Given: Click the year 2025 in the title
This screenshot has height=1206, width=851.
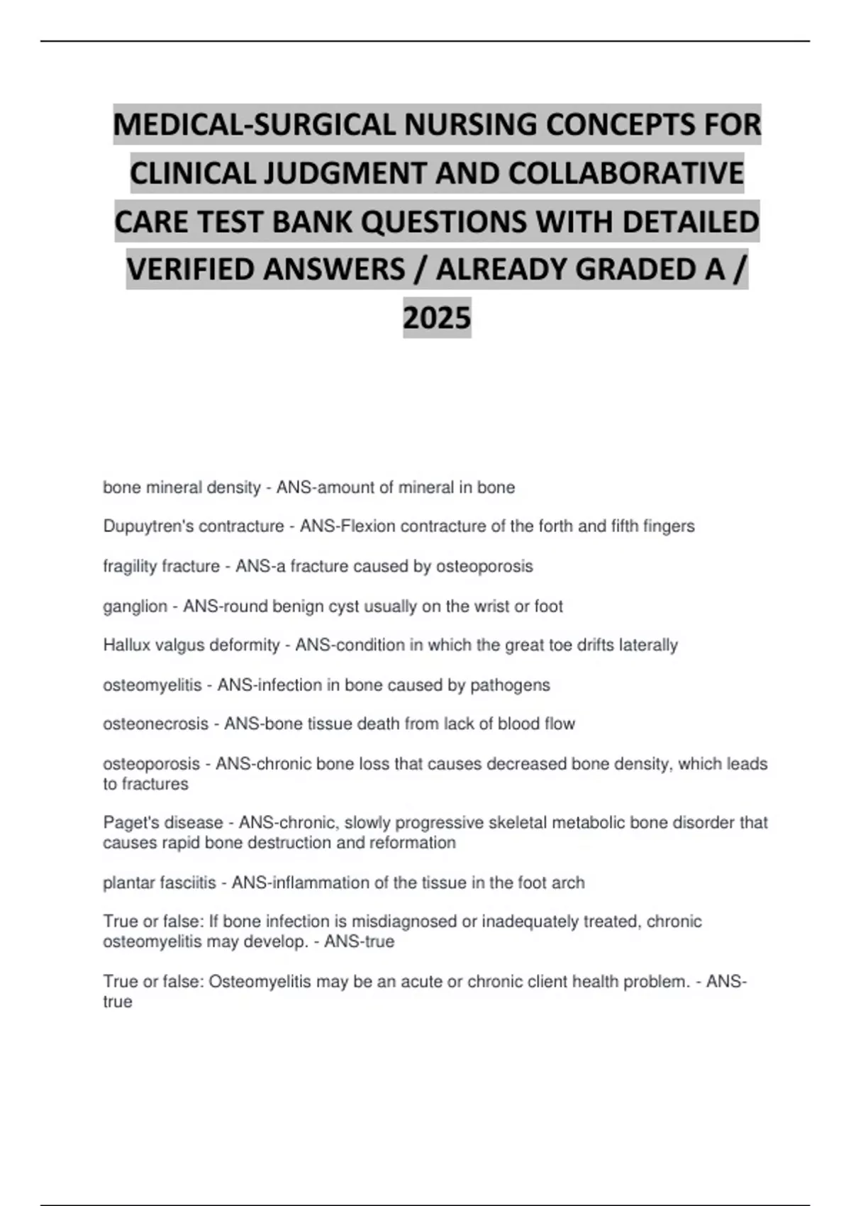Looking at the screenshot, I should [x=437, y=317].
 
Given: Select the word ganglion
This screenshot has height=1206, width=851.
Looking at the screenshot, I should [x=135, y=607].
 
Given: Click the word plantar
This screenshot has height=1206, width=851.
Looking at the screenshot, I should [x=124, y=883].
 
